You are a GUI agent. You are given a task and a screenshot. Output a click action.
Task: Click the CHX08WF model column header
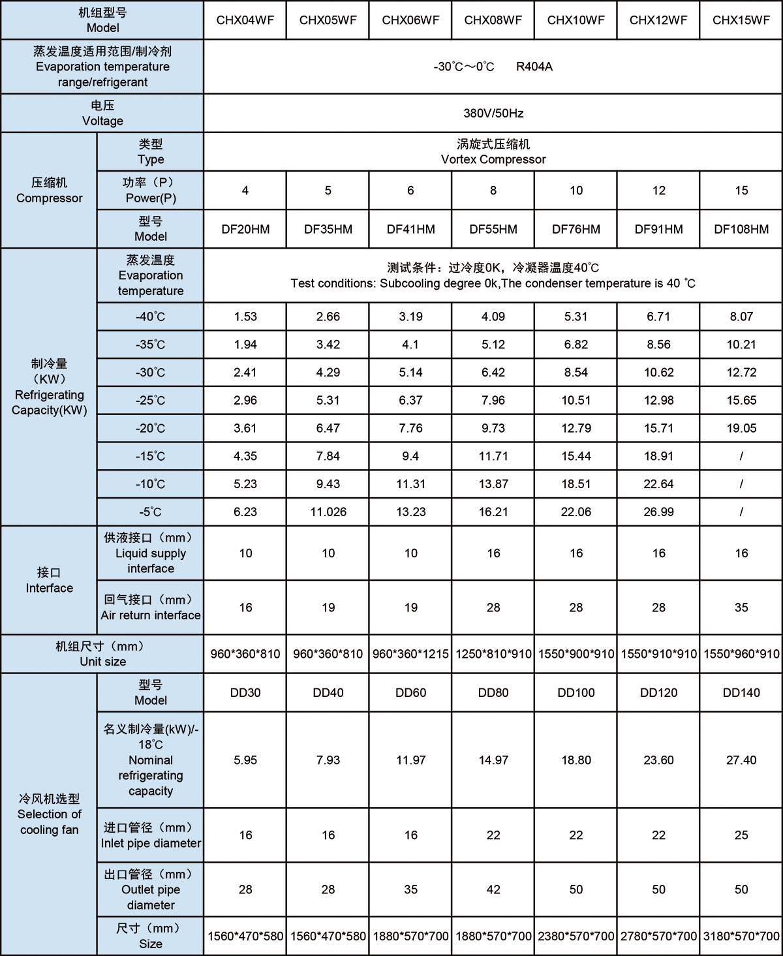[x=493, y=20]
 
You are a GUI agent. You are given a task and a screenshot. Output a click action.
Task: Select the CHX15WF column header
[x=741, y=20]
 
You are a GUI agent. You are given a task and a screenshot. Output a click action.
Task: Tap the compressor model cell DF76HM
[x=576, y=229]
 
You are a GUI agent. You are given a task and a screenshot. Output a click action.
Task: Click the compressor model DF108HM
[x=741, y=229]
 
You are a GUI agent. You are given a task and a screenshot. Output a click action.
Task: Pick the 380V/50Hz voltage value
[x=493, y=113]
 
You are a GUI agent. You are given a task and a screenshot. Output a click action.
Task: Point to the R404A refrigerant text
[x=534, y=67]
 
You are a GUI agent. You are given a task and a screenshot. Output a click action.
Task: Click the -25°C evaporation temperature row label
[x=150, y=400]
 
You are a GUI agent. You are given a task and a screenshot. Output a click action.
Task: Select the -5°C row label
[x=150, y=512]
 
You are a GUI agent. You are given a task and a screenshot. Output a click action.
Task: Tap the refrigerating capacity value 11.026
[x=328, y=512]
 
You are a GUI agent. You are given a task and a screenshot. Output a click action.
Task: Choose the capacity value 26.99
[x=658, y=512]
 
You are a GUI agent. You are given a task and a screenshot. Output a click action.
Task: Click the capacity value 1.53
[x=245, y=316]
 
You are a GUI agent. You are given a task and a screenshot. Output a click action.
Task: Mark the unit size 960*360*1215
[x=410, y=653]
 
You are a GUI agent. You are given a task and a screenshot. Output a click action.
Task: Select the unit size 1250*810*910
[x=493, y=653]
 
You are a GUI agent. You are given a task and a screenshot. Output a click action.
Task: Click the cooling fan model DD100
[x=576, y=692]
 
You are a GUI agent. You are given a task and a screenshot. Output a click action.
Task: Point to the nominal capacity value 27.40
[x=741, y=760]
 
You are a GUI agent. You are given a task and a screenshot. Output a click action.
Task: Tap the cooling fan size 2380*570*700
[x=576, y=936]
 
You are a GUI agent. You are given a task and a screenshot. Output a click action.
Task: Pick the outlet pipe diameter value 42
[x=493, y=889]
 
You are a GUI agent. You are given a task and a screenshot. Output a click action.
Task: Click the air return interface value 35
[x=741, y=608]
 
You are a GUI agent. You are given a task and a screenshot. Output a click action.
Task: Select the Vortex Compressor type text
[x=493, y=159]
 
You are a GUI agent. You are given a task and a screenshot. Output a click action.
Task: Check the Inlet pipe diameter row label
[x=150, y=843]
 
